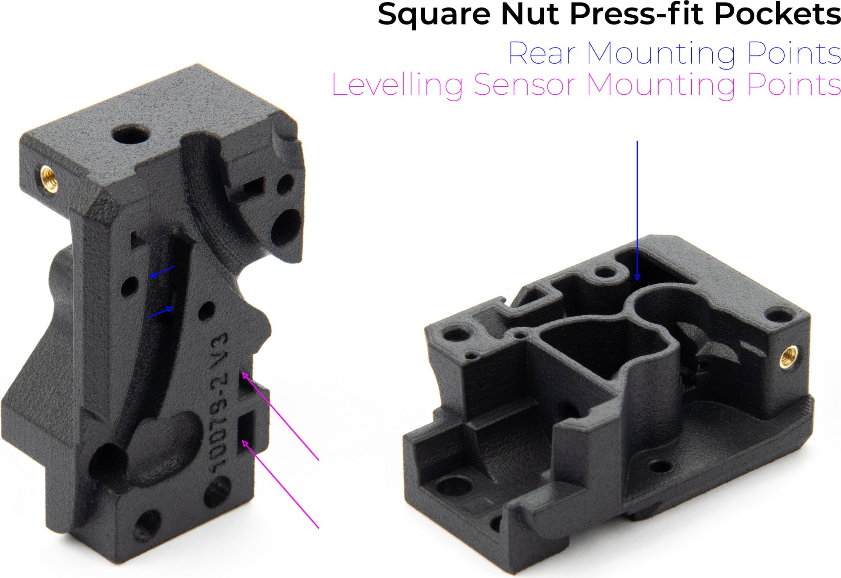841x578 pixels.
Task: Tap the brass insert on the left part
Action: tap(49, 178)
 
